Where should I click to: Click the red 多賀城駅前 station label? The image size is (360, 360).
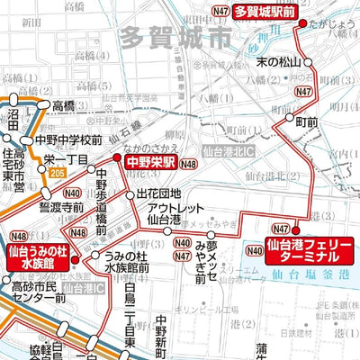265,12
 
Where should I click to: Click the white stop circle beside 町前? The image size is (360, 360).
290,119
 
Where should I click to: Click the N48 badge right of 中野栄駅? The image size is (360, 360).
189,164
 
